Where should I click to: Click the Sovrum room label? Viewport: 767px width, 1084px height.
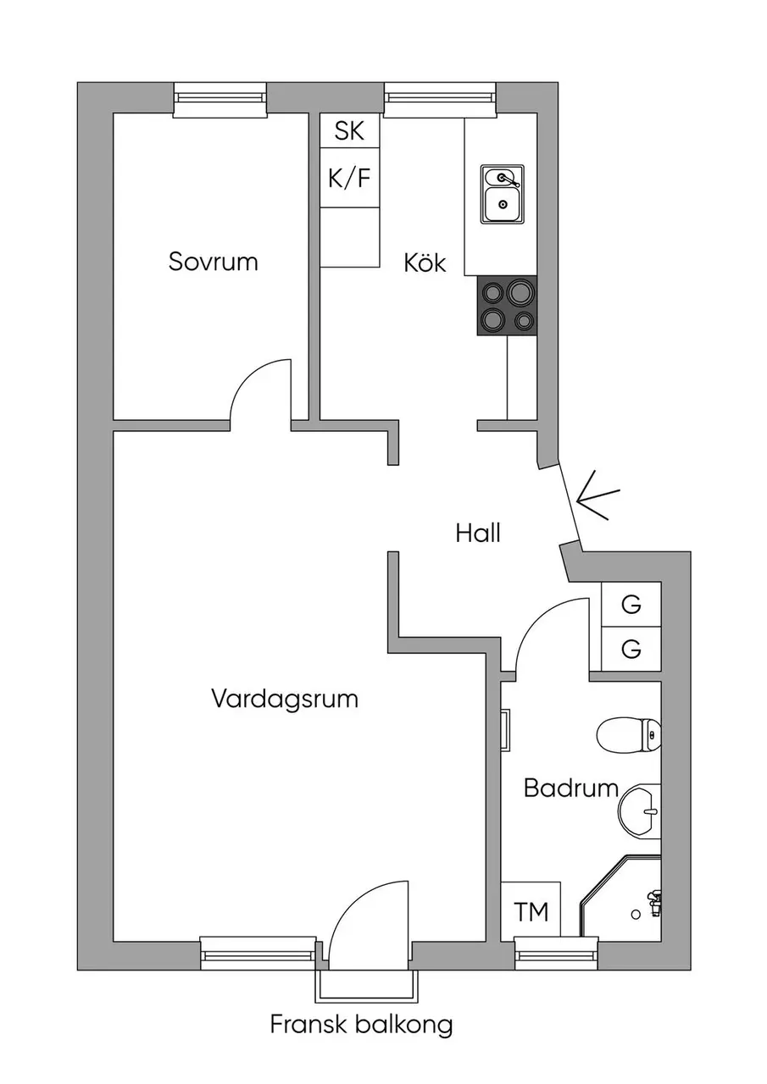(x=213, y=262)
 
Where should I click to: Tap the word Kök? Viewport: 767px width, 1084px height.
(x=425, y=263)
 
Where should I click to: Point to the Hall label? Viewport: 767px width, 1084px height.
(x=478, y=533)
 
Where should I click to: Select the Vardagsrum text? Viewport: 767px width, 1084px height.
(x=285, y=700)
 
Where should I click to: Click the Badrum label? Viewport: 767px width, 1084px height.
(x=571, y=788)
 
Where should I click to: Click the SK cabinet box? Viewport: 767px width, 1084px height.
(x=349, y=130)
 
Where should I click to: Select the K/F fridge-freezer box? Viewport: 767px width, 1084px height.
(x=349, y=178)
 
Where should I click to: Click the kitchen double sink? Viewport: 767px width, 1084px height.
(x=502, y=194)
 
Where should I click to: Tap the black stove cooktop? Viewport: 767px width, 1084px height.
(x=507, y=306)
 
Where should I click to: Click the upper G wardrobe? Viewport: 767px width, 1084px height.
(x=631, y=605)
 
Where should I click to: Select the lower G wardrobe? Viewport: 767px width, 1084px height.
(x=631, y=649)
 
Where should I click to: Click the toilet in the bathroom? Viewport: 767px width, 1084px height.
(x=629, y=734)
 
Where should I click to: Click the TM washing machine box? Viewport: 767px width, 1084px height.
(x=531, y=912)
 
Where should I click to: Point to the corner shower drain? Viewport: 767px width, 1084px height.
(x=636, y=914)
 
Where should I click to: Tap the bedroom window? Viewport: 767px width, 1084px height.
(x=220, y=99)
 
